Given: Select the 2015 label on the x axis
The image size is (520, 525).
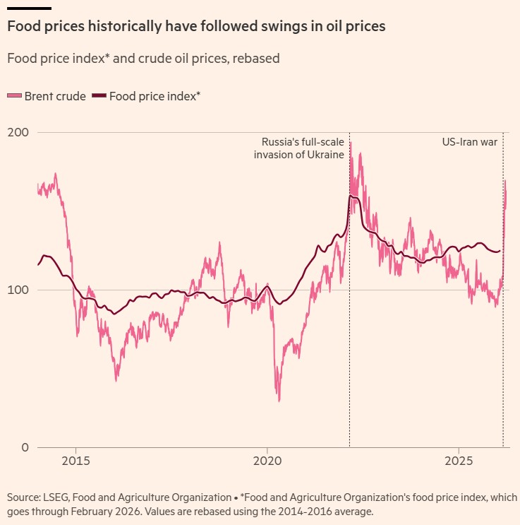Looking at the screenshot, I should [x=75, y=462].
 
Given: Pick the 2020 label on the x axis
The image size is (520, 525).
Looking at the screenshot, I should [x=267, y=462].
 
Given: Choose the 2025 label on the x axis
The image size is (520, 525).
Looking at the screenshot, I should [x=459, y=462].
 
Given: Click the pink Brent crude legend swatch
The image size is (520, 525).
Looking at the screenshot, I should [x=14, y=96].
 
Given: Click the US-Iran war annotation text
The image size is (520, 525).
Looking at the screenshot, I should [x=470, y=142].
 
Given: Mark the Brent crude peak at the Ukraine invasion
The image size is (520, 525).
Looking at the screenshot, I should [x=351, y=142].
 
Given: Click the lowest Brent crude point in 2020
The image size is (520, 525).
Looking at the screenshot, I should [x=279, y=401].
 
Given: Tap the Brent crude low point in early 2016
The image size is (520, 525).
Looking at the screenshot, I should [x=116, y=380].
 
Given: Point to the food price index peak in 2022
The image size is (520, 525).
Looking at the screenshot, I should [x=351, y=196].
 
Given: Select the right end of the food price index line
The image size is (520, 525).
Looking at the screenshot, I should [x=500, y=251].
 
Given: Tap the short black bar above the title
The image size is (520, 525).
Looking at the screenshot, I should [x=29, y=8].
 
